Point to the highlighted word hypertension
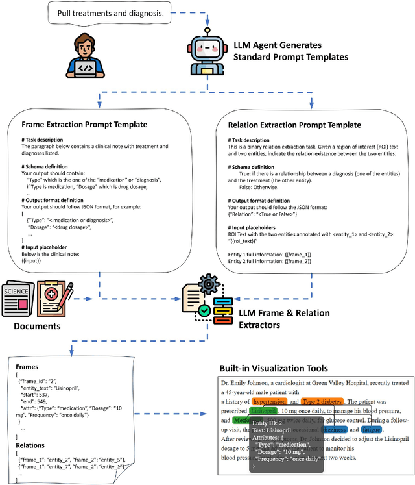click(268, 402)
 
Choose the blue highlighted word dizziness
click(331, 429)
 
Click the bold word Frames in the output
click(28, 366)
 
